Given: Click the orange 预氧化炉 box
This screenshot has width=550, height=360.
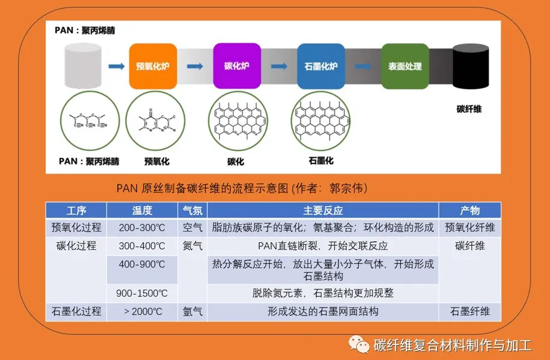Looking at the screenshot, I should pyautogui.click(x=153, y=66).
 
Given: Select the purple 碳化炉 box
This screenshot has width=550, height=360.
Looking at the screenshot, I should pyautogui.click(x=236, y=66).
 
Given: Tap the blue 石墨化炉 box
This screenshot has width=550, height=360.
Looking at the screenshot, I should pyautogui.click(x=320, y=66).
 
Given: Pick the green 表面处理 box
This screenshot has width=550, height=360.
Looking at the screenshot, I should pyautogui.click(x=405, y=66).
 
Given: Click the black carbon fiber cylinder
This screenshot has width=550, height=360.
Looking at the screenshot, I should pyautogui.click(x=469, y=69).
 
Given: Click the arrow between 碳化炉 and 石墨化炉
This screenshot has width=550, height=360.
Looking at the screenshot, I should pyautogui.click(x=278, y=66).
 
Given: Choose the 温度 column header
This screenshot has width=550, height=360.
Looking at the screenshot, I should pyautogui.click(x=142, y=211).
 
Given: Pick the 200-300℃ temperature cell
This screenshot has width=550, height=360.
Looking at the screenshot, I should pyautogui.click(x=142, y=228).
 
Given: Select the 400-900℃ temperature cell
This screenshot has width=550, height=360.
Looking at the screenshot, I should pyautogui.click(x=142, y=264).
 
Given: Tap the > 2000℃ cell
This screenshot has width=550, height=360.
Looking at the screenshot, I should pyautogui.click(x=142, y=312).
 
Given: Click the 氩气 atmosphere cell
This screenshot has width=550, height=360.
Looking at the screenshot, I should pyautogui.click(x=192, y=312).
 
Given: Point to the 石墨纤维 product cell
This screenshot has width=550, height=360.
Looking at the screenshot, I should pyautogui.click(x=469, y=312).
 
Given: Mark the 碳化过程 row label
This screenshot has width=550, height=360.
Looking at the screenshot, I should pyautogui.click(x=76, y=246).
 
